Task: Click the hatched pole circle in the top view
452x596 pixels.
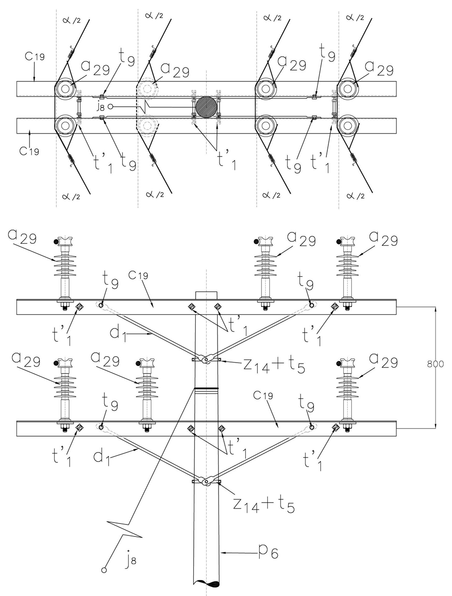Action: tap(206, 106)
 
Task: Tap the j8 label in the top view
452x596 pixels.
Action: tap(99, 106)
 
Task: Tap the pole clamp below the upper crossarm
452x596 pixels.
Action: tap(206, 359)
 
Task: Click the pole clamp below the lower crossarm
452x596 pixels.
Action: tap(206, 481)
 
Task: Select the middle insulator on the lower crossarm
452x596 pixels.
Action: tap(147, 392)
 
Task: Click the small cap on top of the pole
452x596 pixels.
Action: tap(205, 295)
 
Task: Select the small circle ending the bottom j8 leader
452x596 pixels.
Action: tap(104, 570)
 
